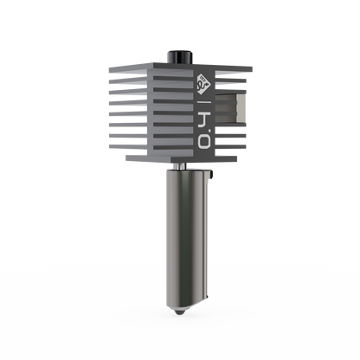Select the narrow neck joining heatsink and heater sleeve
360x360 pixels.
point(183,164)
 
